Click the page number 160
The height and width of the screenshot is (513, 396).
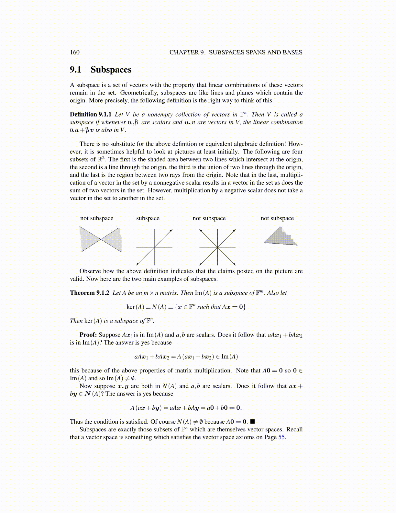click(x=75, y=52)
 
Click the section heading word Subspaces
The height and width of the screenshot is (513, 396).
click(x=111, y=70)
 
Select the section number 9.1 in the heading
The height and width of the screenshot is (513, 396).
click(x=76, y=70)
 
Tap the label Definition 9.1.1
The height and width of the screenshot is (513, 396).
click(x=91, y=114)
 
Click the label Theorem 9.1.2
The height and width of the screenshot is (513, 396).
click(x=90, y=293)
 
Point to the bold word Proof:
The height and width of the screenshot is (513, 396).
click(x=88, y=335)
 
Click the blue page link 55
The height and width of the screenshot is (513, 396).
click(x=281, y=437)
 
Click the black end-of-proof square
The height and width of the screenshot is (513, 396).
click(x=253, y=422)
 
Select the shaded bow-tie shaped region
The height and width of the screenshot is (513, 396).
click(x=101, y=239)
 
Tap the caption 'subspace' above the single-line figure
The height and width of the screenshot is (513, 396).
click(x=148, y=218)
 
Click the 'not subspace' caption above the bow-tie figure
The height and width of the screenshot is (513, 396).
click(x=97, y=218)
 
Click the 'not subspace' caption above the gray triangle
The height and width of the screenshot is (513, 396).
click(x=277, y=218)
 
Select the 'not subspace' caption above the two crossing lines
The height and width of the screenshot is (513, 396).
click(x=209, y=218)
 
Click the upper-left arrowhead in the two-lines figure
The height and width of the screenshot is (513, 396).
click(x=201, y=230)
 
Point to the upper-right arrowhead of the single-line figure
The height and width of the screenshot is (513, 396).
click(x=171, y=230)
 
